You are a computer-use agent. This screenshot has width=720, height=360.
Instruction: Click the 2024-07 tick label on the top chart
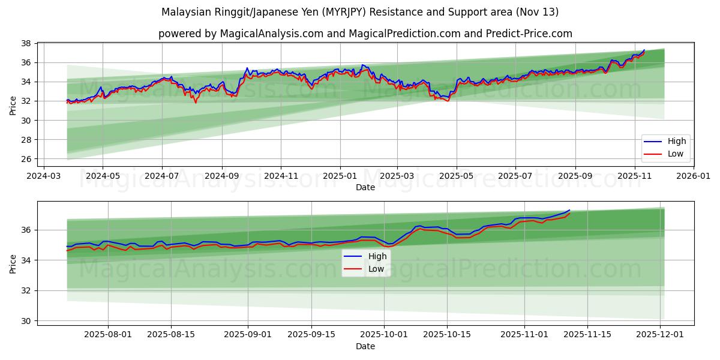[162, 176]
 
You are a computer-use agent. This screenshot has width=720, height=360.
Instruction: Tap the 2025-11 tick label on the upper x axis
[635, 176]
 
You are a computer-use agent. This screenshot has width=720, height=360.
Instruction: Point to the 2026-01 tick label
[693, 176]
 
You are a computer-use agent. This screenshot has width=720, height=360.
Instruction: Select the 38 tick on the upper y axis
[27, 43]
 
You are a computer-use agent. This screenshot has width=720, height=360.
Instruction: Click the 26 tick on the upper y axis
[27, 159]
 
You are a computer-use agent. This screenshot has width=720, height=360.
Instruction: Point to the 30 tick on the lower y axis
[27, 321]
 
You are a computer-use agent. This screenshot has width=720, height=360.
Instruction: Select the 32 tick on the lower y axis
[27, 290]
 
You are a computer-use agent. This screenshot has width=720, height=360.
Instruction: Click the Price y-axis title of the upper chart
[13, 105]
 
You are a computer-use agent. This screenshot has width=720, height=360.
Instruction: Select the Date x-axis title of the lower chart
[365, 346]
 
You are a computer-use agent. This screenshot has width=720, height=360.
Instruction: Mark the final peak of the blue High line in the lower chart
[569, 210]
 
